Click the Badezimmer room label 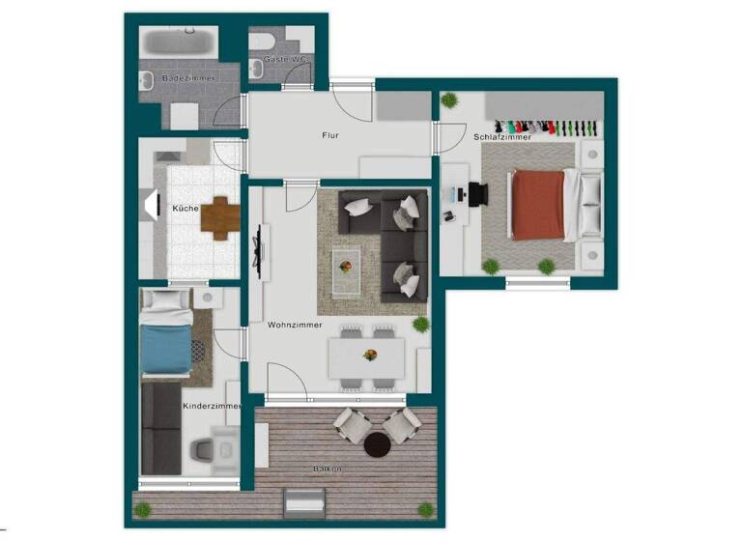187,77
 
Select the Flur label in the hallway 330,135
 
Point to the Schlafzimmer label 502,137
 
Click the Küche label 185,209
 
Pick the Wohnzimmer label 295,325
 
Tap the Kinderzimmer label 211,406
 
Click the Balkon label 327,469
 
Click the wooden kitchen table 221,217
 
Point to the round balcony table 377,444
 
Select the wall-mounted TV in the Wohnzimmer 258,249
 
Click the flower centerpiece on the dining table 369,356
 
